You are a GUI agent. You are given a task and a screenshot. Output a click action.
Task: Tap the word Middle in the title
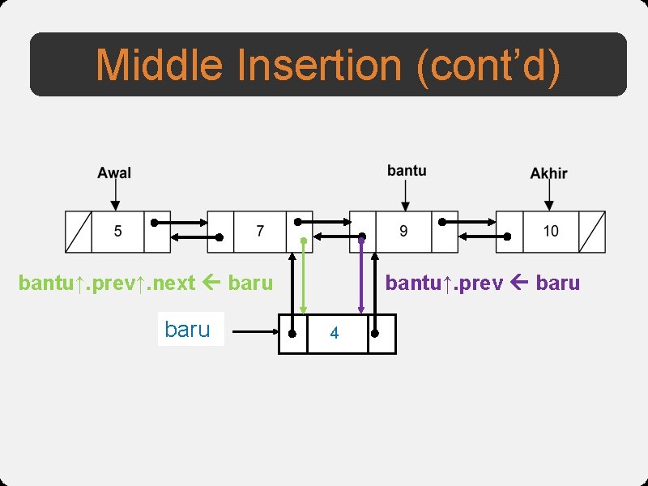159,65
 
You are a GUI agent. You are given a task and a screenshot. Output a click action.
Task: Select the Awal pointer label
114,173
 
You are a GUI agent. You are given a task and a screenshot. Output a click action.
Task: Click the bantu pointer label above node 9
407,170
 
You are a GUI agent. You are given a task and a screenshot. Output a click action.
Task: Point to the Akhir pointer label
548,173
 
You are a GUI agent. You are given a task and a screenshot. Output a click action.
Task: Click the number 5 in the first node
117,231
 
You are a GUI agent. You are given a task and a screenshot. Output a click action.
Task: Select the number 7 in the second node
259,231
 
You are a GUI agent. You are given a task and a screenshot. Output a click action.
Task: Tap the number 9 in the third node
403,231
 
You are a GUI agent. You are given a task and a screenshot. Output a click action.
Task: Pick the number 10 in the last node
550,231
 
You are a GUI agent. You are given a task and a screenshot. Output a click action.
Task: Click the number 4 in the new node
335,333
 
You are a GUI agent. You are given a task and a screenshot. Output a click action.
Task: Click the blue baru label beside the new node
188,330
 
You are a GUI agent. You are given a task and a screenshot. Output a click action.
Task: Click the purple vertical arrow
362,275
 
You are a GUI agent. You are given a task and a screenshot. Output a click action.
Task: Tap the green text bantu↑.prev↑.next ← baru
146,283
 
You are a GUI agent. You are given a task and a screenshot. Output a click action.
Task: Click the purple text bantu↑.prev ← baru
483,283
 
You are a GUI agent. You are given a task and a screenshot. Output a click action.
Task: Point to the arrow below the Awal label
115,195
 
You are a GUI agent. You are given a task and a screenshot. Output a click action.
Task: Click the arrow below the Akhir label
549,195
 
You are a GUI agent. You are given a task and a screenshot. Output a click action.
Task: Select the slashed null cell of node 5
79,232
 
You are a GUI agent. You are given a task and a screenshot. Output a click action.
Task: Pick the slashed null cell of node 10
592,232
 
